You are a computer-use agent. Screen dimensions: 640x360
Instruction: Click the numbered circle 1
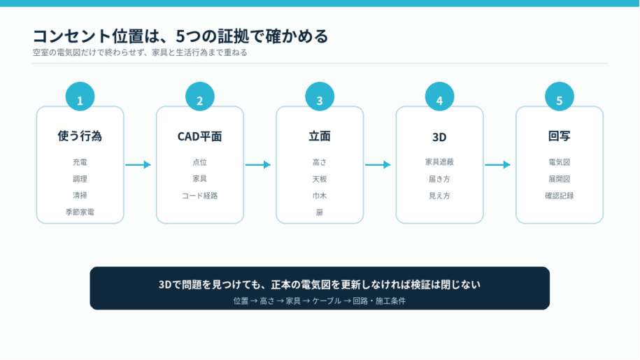80,96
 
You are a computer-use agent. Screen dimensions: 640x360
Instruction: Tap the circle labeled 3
320,96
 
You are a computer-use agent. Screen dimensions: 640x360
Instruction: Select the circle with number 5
559,96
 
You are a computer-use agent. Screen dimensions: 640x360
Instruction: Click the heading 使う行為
80,136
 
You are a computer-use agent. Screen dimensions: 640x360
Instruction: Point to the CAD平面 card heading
199,136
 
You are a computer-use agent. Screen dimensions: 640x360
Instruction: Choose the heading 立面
320,136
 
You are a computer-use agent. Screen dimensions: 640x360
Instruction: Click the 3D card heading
439,137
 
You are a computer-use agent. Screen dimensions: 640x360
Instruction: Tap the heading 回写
559,136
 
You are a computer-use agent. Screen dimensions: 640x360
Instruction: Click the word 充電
80,162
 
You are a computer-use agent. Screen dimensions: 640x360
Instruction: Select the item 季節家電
80,212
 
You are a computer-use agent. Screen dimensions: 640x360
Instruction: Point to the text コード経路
199,196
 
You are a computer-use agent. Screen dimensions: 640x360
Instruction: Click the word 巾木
320,196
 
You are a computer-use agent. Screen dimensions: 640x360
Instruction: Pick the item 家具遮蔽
439,162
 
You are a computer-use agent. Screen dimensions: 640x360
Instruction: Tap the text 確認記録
559,196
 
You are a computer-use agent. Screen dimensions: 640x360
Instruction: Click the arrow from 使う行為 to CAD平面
138,165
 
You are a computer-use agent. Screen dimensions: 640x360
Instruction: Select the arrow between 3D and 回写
498,165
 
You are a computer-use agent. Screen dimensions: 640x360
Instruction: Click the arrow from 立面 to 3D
378,165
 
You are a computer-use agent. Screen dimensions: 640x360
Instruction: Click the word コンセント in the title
72,36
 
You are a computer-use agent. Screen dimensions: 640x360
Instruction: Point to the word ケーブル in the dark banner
327,301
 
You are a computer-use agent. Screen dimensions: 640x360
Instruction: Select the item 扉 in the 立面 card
320,213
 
